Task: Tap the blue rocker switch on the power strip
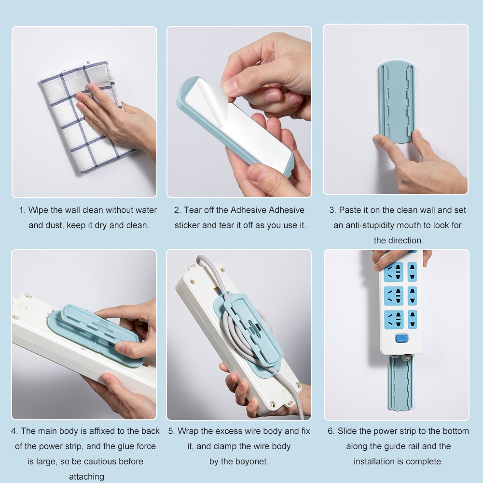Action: (401, 339)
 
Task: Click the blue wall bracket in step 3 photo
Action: (397, 102)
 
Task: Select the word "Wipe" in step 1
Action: (38, 210)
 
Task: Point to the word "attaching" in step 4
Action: (86, 477)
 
